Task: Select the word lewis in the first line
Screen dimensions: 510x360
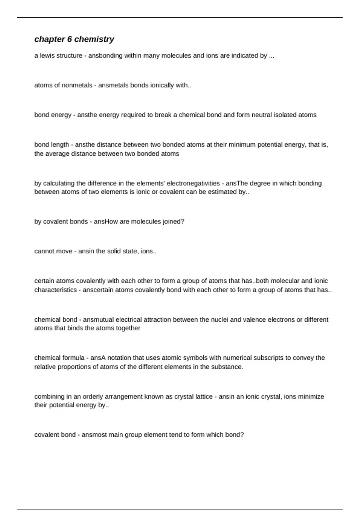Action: click(48, 55)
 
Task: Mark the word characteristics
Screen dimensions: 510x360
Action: click(55, 290)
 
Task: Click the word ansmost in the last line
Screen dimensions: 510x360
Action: click(93, 435)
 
